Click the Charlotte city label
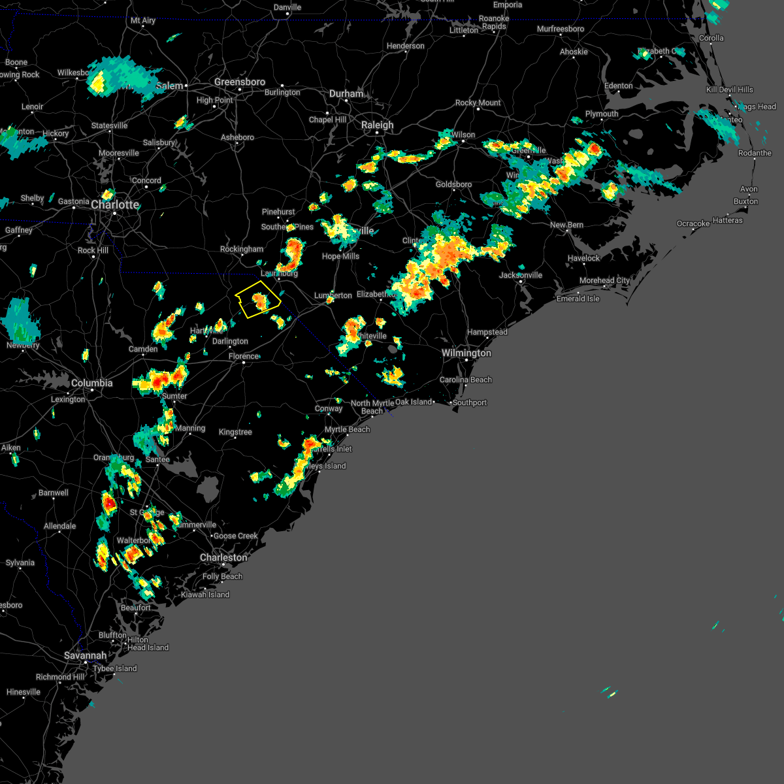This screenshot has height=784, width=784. pos(115,205)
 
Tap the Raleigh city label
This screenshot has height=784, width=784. pos(378,125)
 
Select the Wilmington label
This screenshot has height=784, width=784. pos(466,353)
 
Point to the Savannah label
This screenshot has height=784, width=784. pos(86,655)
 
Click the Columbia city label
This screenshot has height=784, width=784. pos(92,383)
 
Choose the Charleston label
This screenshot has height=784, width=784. pos(223,557)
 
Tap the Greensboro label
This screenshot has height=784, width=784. pos(240,82)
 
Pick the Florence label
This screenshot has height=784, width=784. pos(244,356)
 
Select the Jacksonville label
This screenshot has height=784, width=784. pos(521,275)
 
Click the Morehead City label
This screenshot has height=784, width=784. pos(605,280)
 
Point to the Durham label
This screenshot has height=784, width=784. pos(346,93)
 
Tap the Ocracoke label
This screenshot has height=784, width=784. pos(693,223)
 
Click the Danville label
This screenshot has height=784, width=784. pos(287,7)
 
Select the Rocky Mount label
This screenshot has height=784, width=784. pos(478,103)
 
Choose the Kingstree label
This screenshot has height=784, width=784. pos(235,432)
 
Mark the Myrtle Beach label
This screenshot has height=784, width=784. pos(348,429)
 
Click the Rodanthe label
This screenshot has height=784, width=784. pos(755,153)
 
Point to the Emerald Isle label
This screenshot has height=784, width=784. pos(578,299)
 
